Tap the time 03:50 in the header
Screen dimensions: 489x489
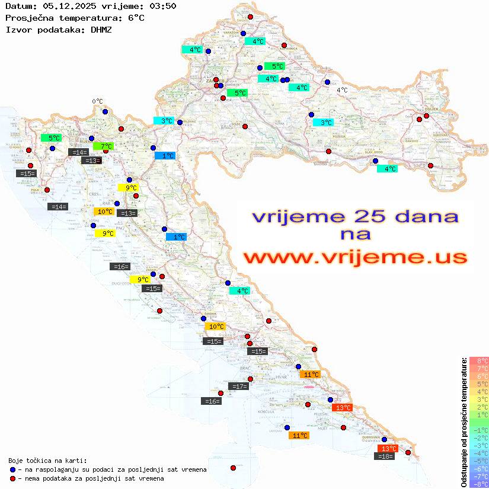click(163, 6)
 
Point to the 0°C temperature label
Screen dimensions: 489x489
click(97, 101)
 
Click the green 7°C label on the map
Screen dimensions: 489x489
click(103, 146)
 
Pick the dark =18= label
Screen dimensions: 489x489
click(385, 456)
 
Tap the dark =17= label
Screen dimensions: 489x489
click(239, 386)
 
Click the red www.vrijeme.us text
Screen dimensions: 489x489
click(355, 257)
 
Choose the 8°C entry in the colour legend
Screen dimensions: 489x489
click(479, 360)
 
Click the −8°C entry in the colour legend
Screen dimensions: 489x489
click(479, 484)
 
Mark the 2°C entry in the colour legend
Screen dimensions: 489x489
click(479, 407)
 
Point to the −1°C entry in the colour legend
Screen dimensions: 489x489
click(479, 430)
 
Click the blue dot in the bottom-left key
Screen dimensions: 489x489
click(12, 469)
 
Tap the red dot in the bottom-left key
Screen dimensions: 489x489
click(12, 478)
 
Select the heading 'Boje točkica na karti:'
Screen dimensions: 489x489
click(47, 461)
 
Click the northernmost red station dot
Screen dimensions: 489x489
click(250, 17)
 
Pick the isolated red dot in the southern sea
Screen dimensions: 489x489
click(233, 468)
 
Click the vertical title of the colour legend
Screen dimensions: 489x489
click(464, 423)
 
